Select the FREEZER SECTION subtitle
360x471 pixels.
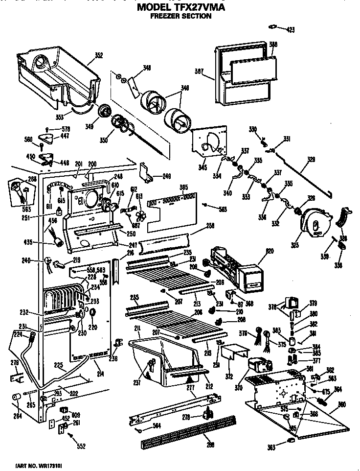pyautogui.click(x=180, y=16)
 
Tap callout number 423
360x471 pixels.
pyautogui.click(x=291, y=30)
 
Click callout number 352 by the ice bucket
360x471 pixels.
pyautogui.click(x=99, y=55)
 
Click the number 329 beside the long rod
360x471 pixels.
pyautogui.click(x=311, y=159)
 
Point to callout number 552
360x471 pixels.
pyautogui.click(x=81, y=446)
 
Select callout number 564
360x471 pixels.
pyautogui.click(x=156, y=425)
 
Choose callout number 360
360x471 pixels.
pyautogui.click(x=342, y=404)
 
